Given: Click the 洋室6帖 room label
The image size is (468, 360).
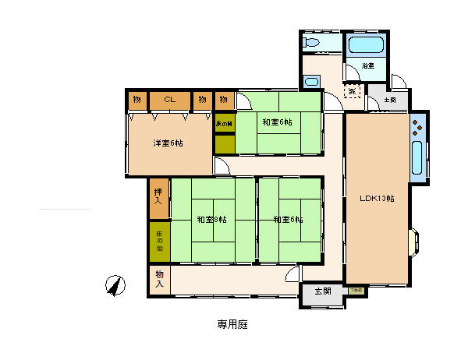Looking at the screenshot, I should coord(168,143).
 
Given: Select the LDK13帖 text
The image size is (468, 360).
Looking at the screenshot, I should coord(377,198).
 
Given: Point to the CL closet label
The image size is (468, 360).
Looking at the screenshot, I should coord(168,100).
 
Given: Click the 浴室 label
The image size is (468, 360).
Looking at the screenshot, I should coord(367,66).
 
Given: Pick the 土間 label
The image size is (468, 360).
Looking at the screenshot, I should coord(389,100).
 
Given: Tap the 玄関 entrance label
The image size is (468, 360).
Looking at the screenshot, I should coord(323,291).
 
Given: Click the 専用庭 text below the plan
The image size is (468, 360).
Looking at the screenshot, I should coord(232,323).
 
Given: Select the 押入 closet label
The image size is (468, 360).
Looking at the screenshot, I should coord(158,196).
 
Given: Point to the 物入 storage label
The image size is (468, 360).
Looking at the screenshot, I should coord(159,278).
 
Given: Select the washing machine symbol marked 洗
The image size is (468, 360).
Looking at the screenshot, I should coord(353,91).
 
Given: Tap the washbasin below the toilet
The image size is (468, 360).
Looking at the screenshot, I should coord(312,82).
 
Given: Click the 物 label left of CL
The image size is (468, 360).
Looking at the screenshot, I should coord(136,100).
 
